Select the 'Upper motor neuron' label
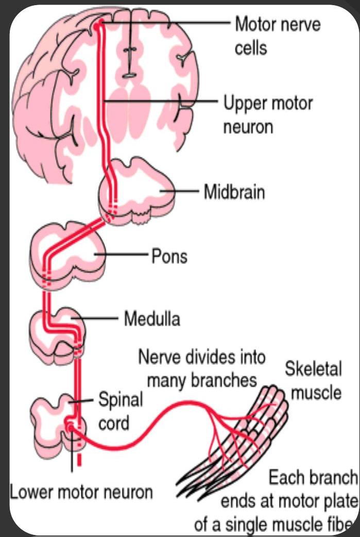click(x=267, y=114)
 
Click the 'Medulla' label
click(x=152, y=319)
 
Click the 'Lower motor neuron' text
click(x=81, y=492)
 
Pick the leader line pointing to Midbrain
click(x=180, y=192)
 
